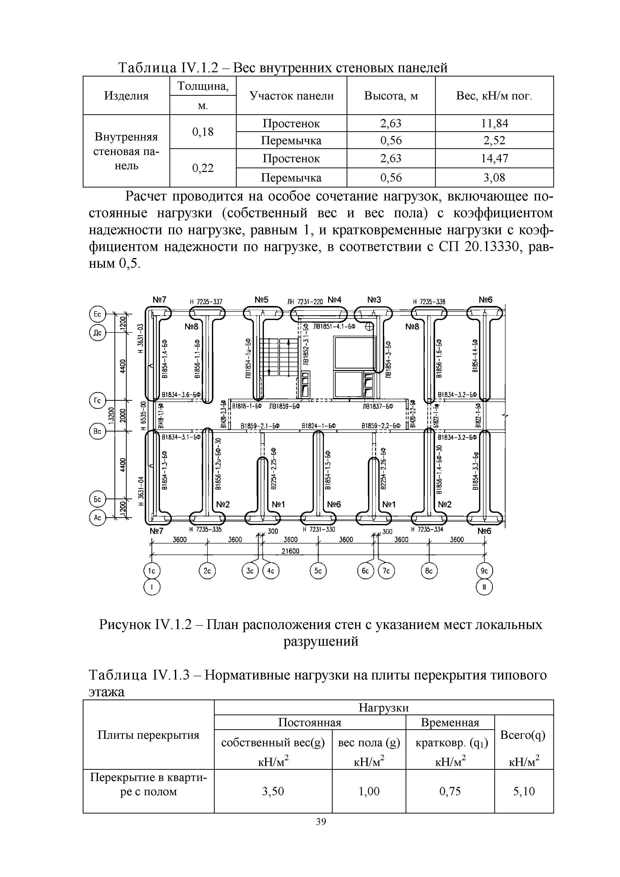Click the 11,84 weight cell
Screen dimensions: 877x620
pyautogui.click(x=494, y=123)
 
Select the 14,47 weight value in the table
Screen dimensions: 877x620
pyautogui.click(x=494, y=158)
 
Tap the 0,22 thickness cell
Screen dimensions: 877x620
pyautogui.click(x=203, y=168)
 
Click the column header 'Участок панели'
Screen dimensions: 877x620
pyautogui.click(x=291, y=95)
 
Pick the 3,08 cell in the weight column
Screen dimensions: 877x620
pyautogui.click(x=494, y=177)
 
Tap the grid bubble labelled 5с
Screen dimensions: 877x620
pyautogui.click(x=318, y=571)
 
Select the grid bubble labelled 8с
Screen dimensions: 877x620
pyautogui.click(x=430, y=571)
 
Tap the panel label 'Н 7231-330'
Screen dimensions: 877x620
pyautogui.click(x=319, y=529)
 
